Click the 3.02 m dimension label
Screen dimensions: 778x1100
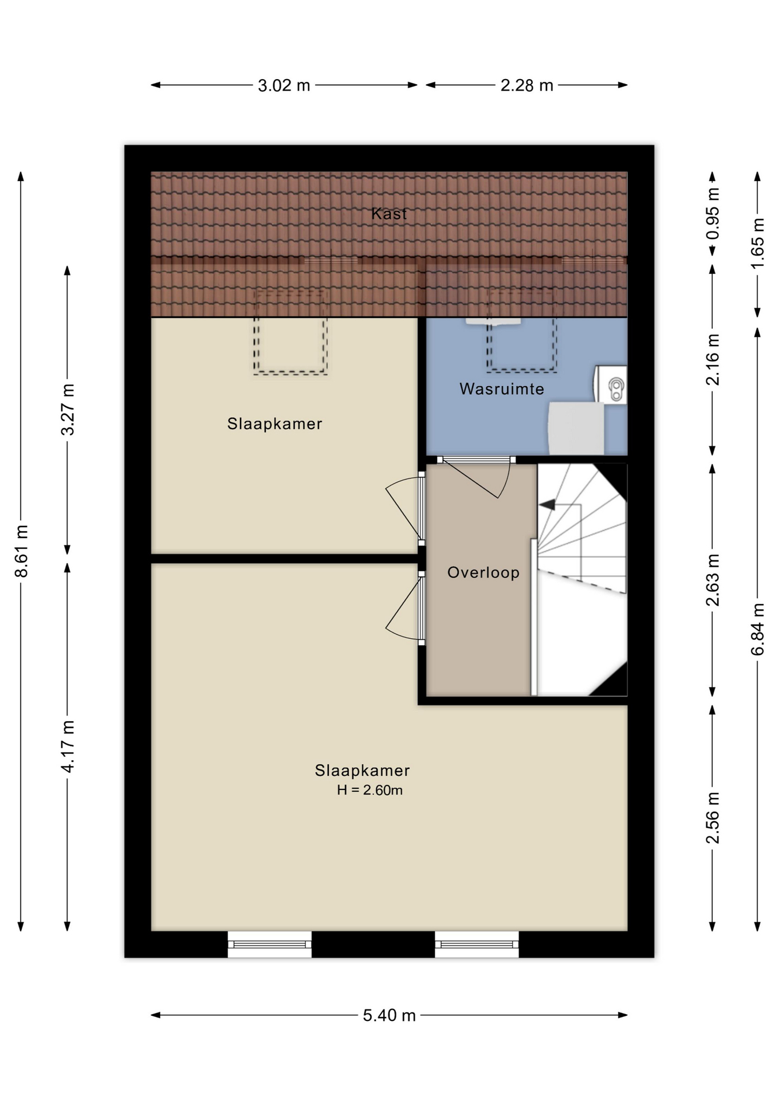pos(284,85)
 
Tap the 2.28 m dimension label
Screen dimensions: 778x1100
pos(526,85)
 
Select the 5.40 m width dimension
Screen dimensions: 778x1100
pos(389,1015)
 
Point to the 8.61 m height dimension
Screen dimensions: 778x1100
pos(21,551)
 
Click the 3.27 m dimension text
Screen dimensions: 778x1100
pos(68,409)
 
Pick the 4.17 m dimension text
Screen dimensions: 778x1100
pos(68,746)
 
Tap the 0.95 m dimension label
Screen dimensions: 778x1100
pos(713,214)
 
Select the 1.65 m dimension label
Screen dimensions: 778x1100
pos(757,243)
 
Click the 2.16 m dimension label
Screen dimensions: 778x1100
pos(713,359)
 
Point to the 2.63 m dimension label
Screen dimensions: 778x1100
pos(713,580)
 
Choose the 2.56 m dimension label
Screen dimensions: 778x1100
pos(713,818)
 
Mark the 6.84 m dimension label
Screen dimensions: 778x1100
pos(757,628)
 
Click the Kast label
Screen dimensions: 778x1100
pos(389,214)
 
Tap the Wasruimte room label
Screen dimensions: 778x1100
pos(502,389)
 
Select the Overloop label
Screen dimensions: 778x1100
pos(484,572)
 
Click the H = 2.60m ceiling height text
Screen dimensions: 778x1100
pos(370,790)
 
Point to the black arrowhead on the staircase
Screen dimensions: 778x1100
pos(548,505)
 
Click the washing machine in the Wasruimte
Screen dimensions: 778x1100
pos(576,428)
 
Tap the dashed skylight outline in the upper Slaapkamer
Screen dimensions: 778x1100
pos(290,333)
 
